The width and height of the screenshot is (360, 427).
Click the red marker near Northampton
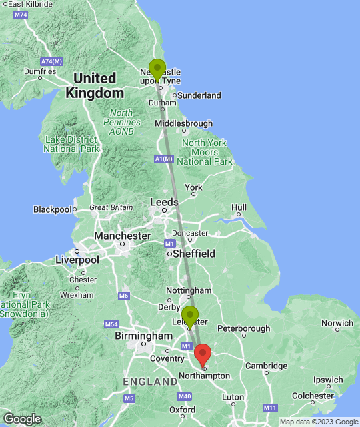pyautogui.click(x=203, y=354)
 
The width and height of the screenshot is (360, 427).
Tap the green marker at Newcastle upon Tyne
pyautogui.click(x=157, y=69)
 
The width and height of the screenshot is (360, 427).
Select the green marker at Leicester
pyautogui.click(x=190, y=316)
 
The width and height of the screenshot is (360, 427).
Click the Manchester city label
pyautogui.click(x=122, y=236)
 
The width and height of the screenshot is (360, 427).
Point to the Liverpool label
pyautogui.click(x=77, y=259)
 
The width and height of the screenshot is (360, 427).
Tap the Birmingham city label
pyautogui.click(x=143, y=336)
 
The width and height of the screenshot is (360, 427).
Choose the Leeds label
pyautogui.click(x=164, y=202)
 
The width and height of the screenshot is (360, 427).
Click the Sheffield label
pyautogui.click(x=194, y=254)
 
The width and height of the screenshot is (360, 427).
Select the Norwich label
pyautogui.click(x=337, y=323)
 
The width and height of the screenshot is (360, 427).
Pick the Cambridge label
pyautogui.click(x=266, y=366)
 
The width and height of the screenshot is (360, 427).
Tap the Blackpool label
pyautogui.click(x=52, y=209)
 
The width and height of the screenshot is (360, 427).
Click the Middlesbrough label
pyautogui.click(x=184, y=123)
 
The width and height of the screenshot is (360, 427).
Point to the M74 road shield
pyautogui.click(x=21, y=15)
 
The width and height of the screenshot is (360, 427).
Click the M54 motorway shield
pyautogui.click(x=111, y=324)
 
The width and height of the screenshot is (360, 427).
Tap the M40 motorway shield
pyautogui.click(x=185, y=396)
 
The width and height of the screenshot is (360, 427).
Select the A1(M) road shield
pyautogui.click(x=164, y=159)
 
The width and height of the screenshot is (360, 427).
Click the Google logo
pyautogui.click(x=21, y=418)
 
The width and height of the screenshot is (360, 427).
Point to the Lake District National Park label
pyautogui.click(x=70, y=144)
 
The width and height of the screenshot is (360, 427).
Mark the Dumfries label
pyautogui.click(x=39, y=71)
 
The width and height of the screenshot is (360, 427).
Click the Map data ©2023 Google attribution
pyautogui.click(x=318, y=422)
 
